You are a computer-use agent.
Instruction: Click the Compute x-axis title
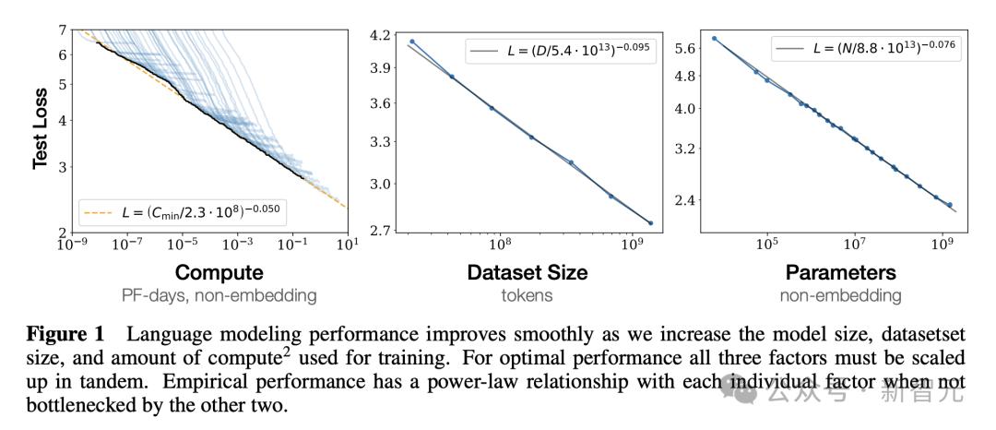click(219, 273)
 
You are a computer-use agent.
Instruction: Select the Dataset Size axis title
click(527, 273)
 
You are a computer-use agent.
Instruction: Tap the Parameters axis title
click(840, 273)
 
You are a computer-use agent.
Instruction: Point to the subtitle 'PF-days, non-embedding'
click(219, 296)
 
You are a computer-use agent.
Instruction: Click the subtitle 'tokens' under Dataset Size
click(527, 296)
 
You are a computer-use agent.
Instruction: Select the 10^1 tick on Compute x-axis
click(347, 245)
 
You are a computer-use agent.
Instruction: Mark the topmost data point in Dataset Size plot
click(412, 42)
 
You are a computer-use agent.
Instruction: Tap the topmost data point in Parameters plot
click(715, 39)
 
